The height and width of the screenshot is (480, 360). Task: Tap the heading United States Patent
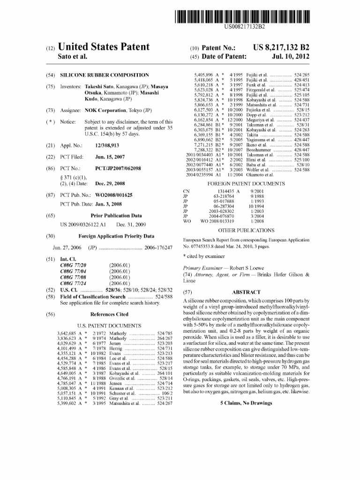pos(104,47)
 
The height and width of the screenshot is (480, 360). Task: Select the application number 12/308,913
pos(108,146)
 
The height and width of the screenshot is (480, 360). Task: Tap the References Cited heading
pos(109,315)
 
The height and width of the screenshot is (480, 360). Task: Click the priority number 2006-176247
pos(158,247)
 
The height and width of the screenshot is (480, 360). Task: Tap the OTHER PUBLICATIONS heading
pos(246,230)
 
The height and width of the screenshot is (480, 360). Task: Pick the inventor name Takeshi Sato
pos(102,87)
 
